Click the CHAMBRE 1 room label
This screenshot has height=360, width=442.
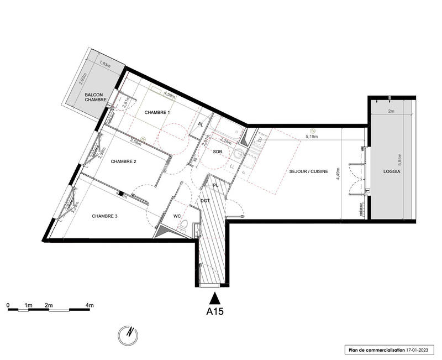(157, 112)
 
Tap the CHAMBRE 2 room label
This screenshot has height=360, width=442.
(123, 161)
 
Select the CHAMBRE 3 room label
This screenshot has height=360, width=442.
(104, 216)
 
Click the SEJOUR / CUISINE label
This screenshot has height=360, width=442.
(309, 172)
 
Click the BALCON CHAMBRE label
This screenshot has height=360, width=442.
(99, 97)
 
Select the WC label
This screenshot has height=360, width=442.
(177, 216)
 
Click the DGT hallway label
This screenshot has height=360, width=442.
(206, 201)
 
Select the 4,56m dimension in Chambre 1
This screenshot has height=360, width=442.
(169, 96)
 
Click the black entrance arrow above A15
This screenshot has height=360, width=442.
(214, 299)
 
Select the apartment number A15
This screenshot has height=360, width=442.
(214, 311)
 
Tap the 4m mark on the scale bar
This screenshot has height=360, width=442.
(90, 305)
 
